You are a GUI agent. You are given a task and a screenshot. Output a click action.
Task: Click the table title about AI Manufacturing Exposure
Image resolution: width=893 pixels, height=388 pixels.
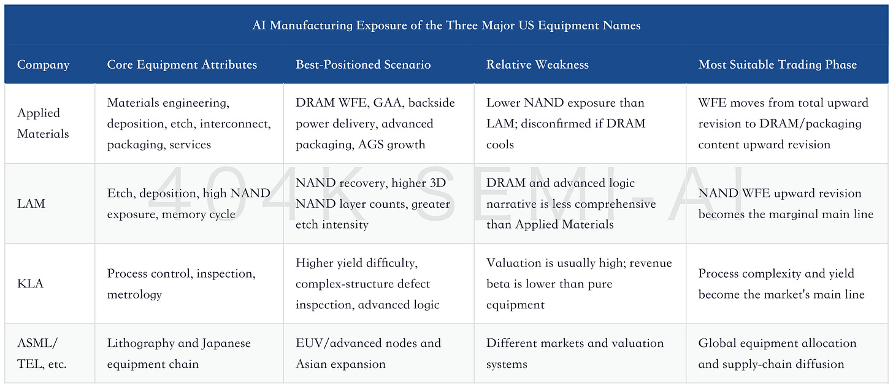(446, 25)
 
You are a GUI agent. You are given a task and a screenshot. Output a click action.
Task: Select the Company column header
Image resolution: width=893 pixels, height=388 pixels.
(43, 64)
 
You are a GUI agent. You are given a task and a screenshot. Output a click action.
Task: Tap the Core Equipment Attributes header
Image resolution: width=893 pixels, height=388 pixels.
(182, 64)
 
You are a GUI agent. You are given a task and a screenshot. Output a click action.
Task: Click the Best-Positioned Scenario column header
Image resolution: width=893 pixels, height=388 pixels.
(363, 64)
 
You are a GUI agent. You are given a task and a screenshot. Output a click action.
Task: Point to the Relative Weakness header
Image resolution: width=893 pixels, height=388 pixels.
(537, 64)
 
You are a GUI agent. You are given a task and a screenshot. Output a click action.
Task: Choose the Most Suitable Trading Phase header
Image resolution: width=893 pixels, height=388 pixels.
(777, 64)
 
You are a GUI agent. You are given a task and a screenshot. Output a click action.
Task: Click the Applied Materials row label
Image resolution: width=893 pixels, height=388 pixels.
(43, 123)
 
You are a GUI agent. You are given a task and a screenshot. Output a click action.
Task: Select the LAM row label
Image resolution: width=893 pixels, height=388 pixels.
(31, 204)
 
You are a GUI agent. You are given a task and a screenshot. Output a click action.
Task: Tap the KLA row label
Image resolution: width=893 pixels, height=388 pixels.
(30, 284)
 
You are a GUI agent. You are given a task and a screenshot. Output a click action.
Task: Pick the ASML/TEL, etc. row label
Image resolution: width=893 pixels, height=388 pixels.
(42, 353)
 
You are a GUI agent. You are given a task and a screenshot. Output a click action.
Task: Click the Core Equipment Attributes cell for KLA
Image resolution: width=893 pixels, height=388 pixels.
(181, 284)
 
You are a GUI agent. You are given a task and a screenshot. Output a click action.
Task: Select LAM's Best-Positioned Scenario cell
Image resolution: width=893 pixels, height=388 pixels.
(372, 204)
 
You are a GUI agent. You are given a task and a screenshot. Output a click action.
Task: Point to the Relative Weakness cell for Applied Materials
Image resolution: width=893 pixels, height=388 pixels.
(565, 123)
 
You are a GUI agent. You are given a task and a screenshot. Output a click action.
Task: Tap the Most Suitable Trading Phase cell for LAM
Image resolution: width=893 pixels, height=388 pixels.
(785, 204)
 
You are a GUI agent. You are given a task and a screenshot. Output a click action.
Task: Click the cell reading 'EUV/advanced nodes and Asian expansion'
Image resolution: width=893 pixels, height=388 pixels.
(368, 353)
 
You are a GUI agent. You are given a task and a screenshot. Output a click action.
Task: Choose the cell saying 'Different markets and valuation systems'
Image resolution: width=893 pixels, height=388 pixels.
(575, 353)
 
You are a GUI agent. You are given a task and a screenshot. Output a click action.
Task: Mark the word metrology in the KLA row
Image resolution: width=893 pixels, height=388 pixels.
(134, 294)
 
